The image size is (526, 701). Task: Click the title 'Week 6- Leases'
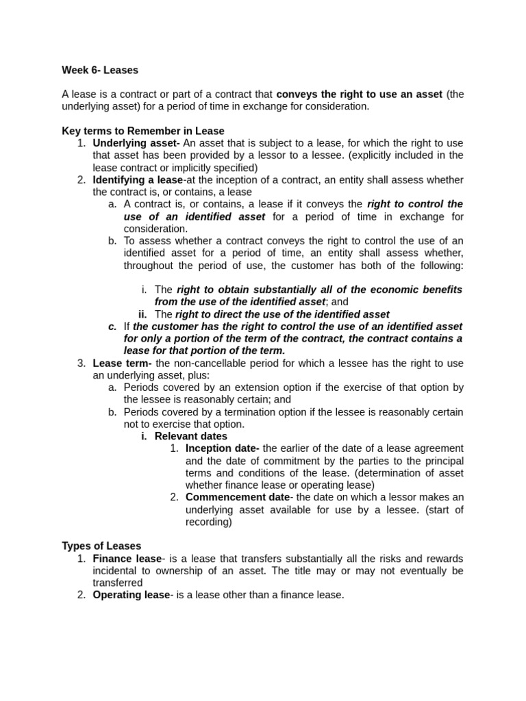[100, 69]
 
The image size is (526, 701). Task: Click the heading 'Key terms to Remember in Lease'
[142, 131]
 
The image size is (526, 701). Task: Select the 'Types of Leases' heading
[101, 546]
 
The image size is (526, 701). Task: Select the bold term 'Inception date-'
[223, 448]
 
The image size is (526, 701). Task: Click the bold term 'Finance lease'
[127, 559]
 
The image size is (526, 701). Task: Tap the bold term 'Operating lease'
[131, 595]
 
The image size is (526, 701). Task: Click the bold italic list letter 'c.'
[113, 327]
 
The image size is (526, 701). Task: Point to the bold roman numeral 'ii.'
[142, 314]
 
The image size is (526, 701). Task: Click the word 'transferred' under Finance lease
[118, 583]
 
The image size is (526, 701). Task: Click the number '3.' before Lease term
[82, 363]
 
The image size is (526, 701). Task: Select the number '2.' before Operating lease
[82, 595]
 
